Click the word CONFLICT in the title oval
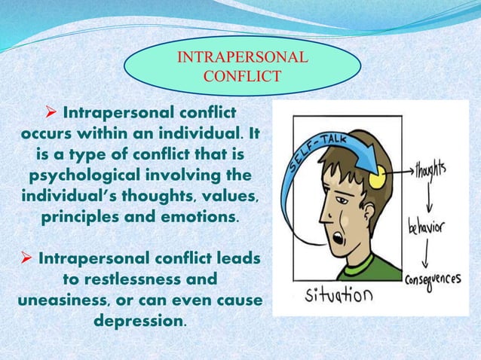tap(242, 75)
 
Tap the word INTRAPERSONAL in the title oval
tap(241, 57)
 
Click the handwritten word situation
tap(338, 294)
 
